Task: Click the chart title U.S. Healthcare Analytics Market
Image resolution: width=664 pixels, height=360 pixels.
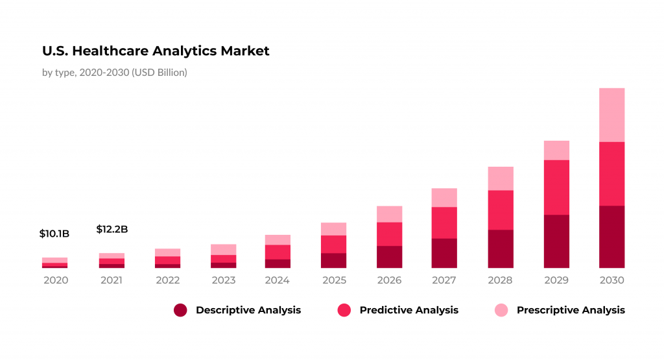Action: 156,51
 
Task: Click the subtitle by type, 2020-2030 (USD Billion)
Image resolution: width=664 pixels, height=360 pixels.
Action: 115,73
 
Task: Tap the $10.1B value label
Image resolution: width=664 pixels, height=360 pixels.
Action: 54,234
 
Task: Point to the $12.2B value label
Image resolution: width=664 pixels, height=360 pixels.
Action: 112,229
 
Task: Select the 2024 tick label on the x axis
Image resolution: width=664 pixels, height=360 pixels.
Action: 278,280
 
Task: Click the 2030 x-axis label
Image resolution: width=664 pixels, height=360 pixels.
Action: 611,280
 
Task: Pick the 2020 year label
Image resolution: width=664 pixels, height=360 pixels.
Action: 54,280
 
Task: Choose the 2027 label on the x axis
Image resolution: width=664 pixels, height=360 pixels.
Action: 444,280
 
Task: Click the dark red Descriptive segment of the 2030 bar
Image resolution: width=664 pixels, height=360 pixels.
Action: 611,237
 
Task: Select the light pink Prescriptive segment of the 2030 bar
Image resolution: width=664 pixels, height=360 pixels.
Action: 611,115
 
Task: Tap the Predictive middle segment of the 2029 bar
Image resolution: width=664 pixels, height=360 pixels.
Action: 556,187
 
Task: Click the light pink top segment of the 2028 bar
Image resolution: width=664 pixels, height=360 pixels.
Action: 500,178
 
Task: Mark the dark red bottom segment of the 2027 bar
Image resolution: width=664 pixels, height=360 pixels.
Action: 444,253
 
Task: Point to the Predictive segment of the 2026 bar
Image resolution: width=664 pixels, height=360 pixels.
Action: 389,234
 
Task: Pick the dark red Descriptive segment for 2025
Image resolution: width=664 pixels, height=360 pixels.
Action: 333,260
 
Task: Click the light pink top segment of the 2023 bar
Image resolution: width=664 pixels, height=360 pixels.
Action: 223,250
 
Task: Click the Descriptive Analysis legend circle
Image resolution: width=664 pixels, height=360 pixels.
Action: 180,310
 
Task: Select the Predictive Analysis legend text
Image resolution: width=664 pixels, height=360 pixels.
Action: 409,310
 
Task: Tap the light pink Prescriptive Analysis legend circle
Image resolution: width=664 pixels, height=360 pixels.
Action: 501,310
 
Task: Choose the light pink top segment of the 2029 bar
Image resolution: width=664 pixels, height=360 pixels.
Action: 556,150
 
